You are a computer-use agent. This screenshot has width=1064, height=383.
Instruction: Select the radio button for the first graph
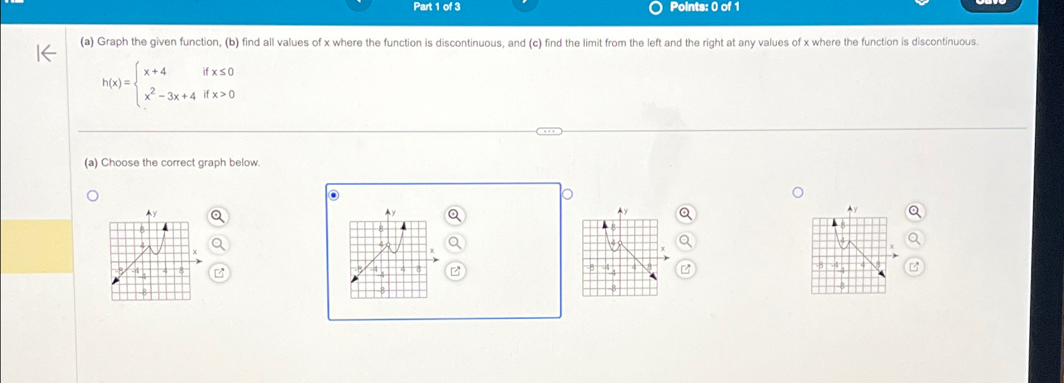click(x=93, y=196)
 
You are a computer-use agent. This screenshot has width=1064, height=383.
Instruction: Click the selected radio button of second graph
click(x=334, y=195)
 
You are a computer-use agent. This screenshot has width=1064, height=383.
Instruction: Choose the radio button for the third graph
click(x=567, y=194)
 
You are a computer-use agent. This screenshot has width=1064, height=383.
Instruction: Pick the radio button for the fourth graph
click(x=798, y=192)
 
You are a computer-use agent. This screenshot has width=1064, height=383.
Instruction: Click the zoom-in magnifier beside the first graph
click(x=217, y=217)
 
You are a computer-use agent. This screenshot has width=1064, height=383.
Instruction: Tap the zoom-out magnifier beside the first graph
click(x=217, y=244)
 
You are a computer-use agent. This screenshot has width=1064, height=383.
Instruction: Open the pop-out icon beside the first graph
click(x=219, y=273)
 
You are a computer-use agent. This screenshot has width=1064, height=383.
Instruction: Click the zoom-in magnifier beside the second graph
click(x=455, y=215)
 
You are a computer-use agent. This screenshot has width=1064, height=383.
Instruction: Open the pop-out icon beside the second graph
click(x=455, y=272)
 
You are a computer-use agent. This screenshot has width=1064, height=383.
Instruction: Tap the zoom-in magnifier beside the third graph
click(x=685, y=213)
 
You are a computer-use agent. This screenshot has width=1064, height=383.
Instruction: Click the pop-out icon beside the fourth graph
click(x=914, y=267)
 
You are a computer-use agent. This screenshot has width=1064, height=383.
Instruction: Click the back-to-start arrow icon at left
click(x=47, y=53)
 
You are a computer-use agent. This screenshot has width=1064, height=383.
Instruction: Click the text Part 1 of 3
click(x=437, y=7)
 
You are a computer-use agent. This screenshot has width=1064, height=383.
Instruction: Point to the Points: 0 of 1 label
click(x=704, y=7)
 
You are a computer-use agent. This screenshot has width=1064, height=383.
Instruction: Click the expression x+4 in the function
click(x=155, y=72)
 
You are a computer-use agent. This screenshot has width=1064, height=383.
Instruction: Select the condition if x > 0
click(x=219, y=95)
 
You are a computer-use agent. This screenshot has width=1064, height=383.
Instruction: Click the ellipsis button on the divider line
click(x=549, y=132)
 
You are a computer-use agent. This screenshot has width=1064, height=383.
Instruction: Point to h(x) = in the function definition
click(x=116, y=83)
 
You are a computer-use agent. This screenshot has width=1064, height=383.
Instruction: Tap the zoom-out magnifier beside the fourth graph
click(x=914, y=239)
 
